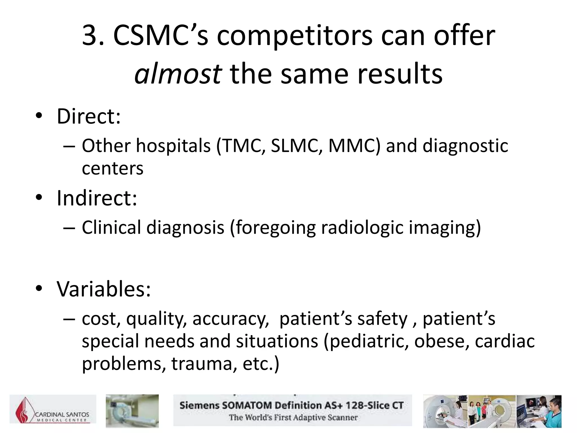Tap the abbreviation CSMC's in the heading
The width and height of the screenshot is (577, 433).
(161, 36)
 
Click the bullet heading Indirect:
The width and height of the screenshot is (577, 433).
(97, 198)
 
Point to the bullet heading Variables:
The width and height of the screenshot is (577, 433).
(104, 289)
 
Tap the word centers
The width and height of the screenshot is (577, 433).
(112, 169)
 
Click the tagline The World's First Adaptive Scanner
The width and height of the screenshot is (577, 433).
(293, 417)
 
